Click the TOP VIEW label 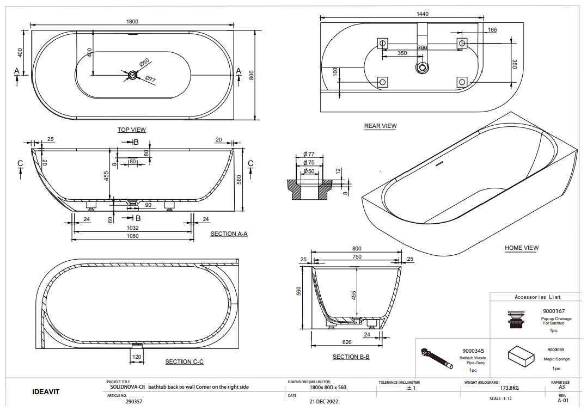[132, 130]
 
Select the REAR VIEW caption [380, 126]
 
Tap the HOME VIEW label [521, 248]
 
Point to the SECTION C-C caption [184, 361]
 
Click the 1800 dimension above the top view [132, 22]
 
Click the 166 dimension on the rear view [492, 30]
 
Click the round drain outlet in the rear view [421, 68]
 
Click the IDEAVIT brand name [46, 391]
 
